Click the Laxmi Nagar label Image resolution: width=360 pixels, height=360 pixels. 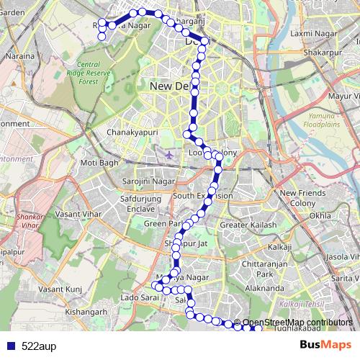(x=309, y=33)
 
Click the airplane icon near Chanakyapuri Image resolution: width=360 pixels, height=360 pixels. (x=168, y=154)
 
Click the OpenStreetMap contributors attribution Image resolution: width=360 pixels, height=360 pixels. (x=297, y=322)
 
